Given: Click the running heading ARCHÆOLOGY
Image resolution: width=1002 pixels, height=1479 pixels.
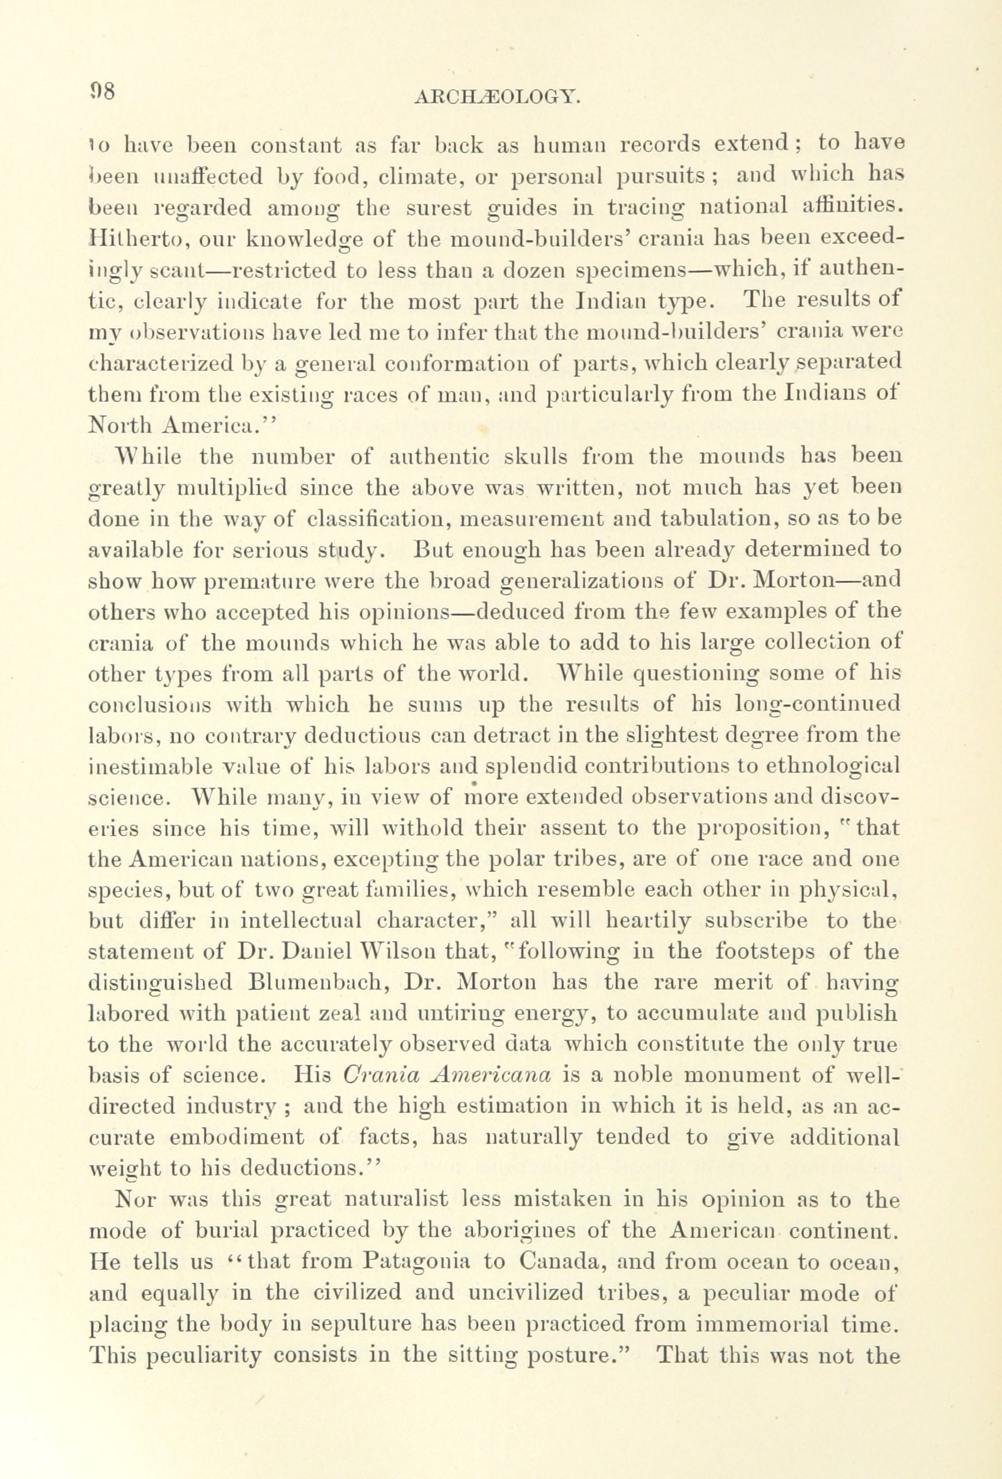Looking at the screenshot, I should pos(497,97).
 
